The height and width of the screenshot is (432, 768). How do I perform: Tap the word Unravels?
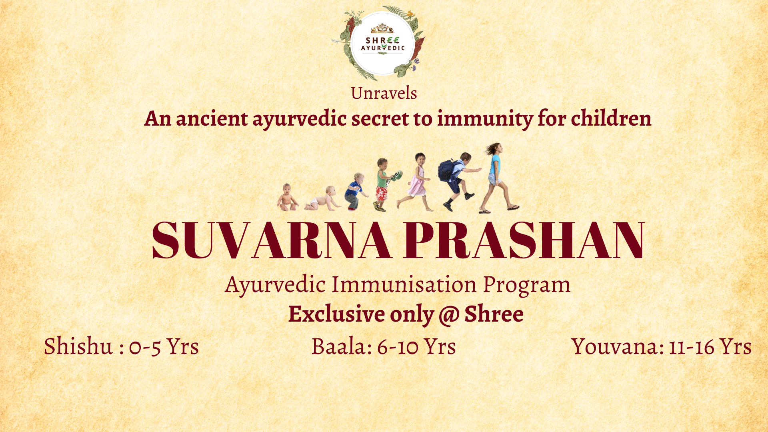click(384, 93)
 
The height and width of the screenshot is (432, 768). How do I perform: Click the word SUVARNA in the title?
click(272, 240)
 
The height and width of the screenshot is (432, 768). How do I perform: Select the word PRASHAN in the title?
click(524, 240)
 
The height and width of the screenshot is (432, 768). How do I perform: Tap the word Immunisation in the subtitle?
click(404, 284)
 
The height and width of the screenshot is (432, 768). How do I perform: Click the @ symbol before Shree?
click(449, 315)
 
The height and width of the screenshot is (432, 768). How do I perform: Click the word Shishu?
click(78, 346)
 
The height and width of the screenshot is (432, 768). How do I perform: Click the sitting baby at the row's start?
click(287, 197)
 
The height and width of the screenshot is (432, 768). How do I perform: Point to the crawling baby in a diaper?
click(322, 198)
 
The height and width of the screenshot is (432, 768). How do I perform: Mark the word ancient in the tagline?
click(212, 118)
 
